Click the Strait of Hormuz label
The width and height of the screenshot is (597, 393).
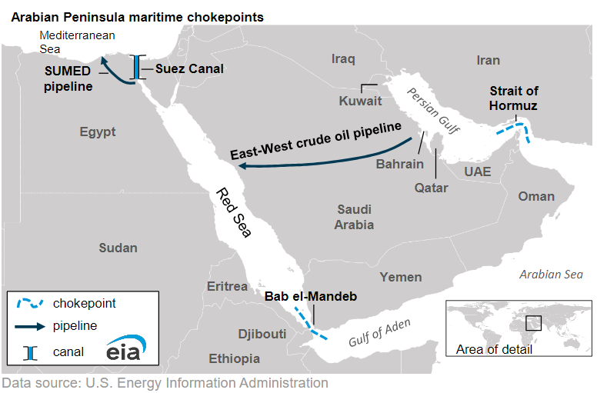513,98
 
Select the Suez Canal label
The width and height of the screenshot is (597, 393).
189,68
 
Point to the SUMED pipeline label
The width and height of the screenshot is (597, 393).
68,78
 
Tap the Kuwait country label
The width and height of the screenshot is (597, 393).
360,101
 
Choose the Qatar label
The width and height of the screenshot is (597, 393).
431,187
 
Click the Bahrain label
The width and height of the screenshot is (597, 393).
399,164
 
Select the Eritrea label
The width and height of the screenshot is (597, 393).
227,286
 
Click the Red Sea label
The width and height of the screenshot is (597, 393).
233,212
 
